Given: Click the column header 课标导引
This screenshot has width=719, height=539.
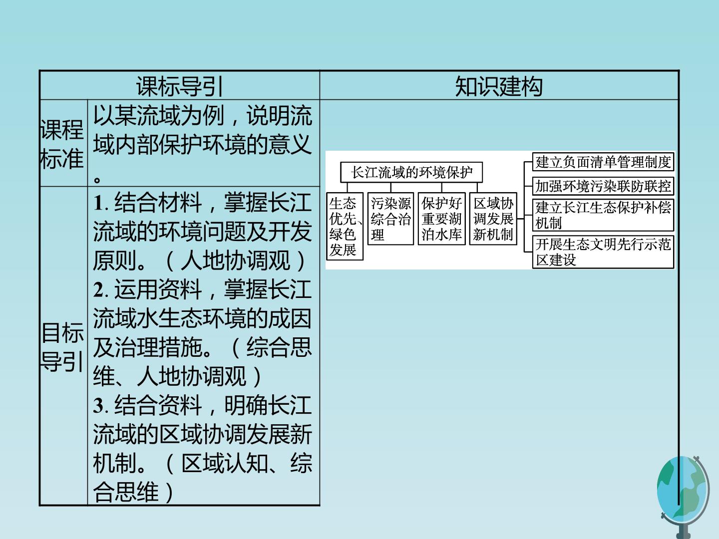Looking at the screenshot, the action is click(x=180, y=86).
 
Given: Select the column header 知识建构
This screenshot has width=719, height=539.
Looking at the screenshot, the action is click(x=498, y=86).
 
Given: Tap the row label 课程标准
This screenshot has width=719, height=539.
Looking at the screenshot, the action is click(x=62, y=144).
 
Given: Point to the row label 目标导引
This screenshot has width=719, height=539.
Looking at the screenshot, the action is click(x=62, y=347).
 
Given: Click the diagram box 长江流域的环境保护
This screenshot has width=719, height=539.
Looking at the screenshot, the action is click(x=411, y=172).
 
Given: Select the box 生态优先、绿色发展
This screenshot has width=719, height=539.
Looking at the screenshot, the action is click(x=345, y=226).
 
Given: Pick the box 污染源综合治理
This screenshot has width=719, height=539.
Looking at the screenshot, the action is click(x=390, y=219).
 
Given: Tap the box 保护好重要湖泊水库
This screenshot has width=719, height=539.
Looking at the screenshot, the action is click(x=441, y=219).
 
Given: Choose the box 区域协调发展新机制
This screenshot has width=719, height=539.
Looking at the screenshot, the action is click(x=493, y=219).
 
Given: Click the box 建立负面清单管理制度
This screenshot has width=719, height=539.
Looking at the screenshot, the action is click(x=603, y=162).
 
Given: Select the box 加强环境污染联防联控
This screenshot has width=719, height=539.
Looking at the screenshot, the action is click(x=603, y=186).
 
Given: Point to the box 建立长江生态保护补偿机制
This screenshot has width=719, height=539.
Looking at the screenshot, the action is click(x=603, y=215).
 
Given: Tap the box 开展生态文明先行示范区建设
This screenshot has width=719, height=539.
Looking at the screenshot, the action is click(x=603, y=252).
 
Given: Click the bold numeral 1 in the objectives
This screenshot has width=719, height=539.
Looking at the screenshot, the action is click(x=98, y=203).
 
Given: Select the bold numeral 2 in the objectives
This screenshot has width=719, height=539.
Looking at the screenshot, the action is click(x=98, y=289).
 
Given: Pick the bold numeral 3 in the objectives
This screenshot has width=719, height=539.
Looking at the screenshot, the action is click(x=98, y=405).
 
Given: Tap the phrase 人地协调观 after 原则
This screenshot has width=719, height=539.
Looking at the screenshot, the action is click(x=235, y=261).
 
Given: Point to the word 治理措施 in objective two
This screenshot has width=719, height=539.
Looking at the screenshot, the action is click(x=158, y=347).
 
